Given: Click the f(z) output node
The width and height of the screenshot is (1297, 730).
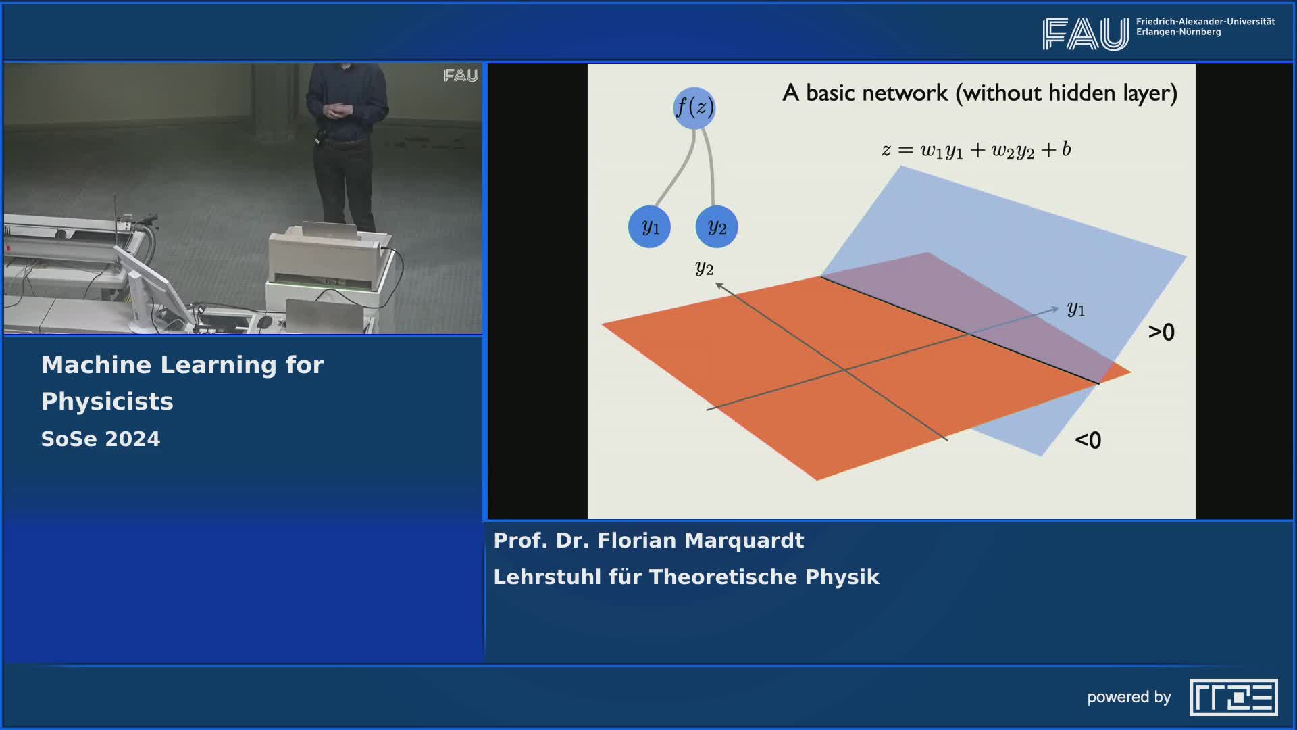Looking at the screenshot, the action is (694, 107).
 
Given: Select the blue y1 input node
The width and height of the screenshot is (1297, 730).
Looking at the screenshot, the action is (649, 226).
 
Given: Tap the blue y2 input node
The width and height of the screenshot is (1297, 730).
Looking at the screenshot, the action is (717, 226).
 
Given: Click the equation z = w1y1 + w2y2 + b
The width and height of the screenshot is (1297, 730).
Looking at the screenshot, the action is (976, 150).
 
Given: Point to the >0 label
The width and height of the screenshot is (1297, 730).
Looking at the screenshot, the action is (1161, 332).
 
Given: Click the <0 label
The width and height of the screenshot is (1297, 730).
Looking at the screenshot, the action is (1088, 440).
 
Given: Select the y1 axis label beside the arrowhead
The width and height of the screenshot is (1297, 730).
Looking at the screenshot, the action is (1076, 310).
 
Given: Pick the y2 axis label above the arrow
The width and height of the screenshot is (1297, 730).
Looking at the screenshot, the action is (705, 268).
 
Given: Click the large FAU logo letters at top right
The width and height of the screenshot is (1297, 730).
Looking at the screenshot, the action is (1086, 34).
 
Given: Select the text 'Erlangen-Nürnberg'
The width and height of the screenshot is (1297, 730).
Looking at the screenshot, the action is (1179, 32).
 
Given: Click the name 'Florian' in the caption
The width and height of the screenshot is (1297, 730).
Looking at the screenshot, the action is (637, 541).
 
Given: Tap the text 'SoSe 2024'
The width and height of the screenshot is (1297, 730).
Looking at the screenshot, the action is (101, 439).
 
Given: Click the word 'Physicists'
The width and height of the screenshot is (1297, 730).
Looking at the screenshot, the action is (107, 402).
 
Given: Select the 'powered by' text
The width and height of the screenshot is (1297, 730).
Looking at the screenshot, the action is (1129, 698).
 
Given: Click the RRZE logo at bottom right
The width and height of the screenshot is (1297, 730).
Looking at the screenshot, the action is (1234, 698).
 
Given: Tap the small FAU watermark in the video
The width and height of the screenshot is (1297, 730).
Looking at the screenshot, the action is (461, 76).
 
